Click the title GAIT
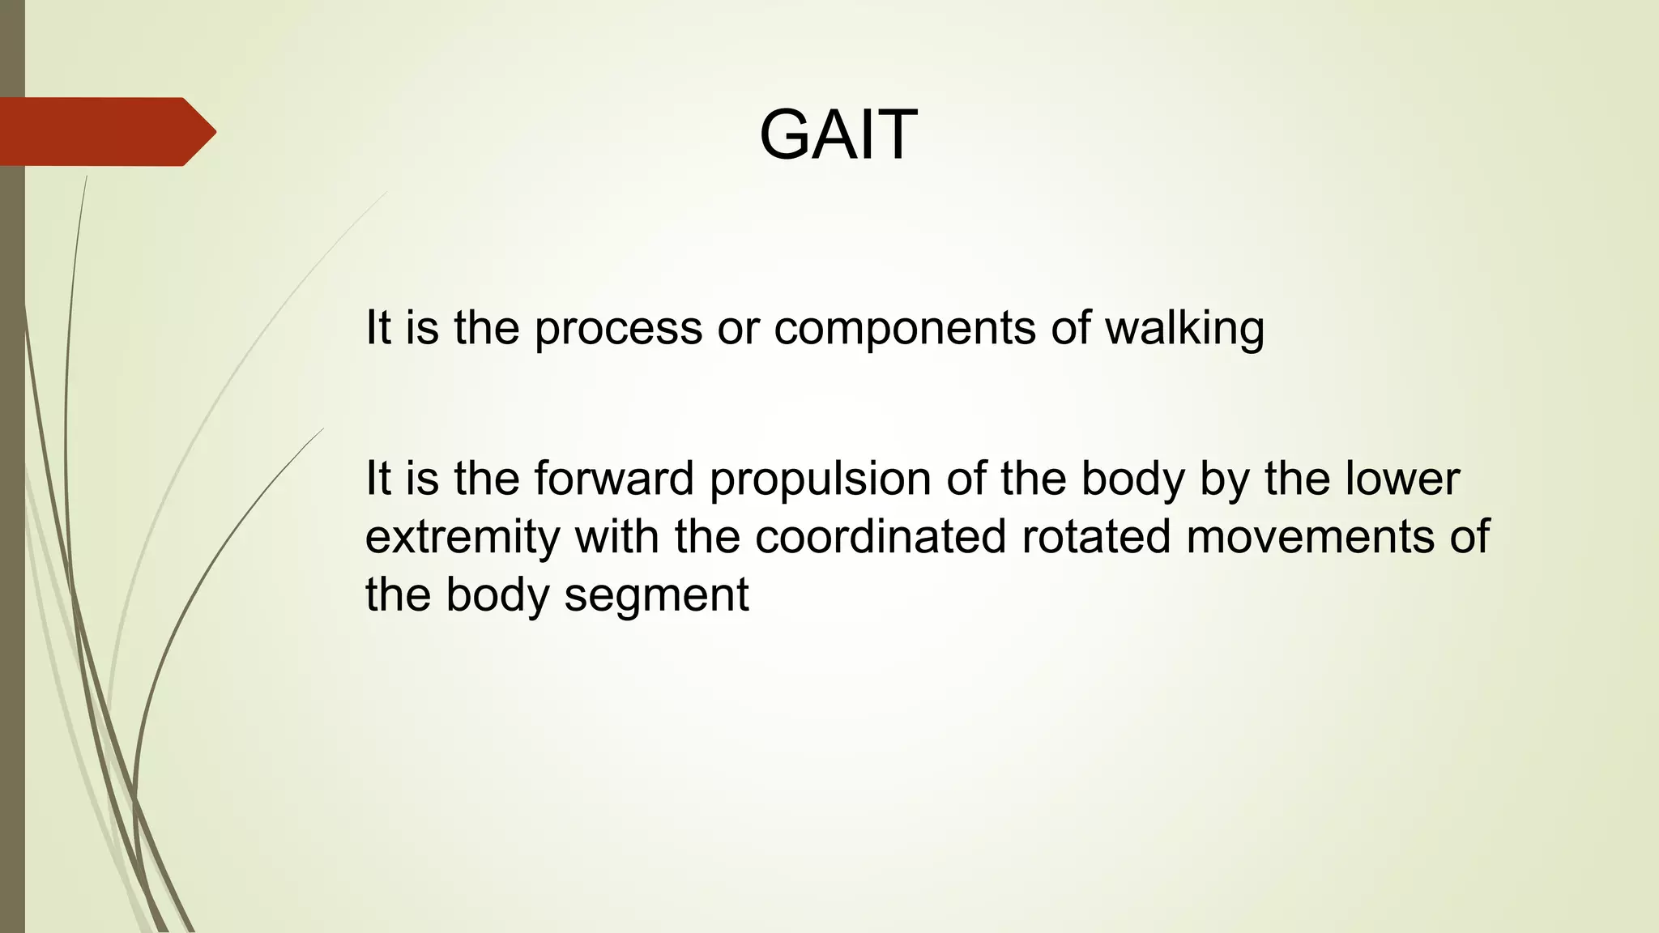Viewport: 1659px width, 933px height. pos(838,134)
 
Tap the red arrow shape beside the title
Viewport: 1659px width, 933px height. pos(105,131)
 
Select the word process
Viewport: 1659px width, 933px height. pos(618,329)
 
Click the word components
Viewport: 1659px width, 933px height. pos(904,329)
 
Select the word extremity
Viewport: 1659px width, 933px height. pos(462,538)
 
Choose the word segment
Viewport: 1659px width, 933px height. pos(656,596)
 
